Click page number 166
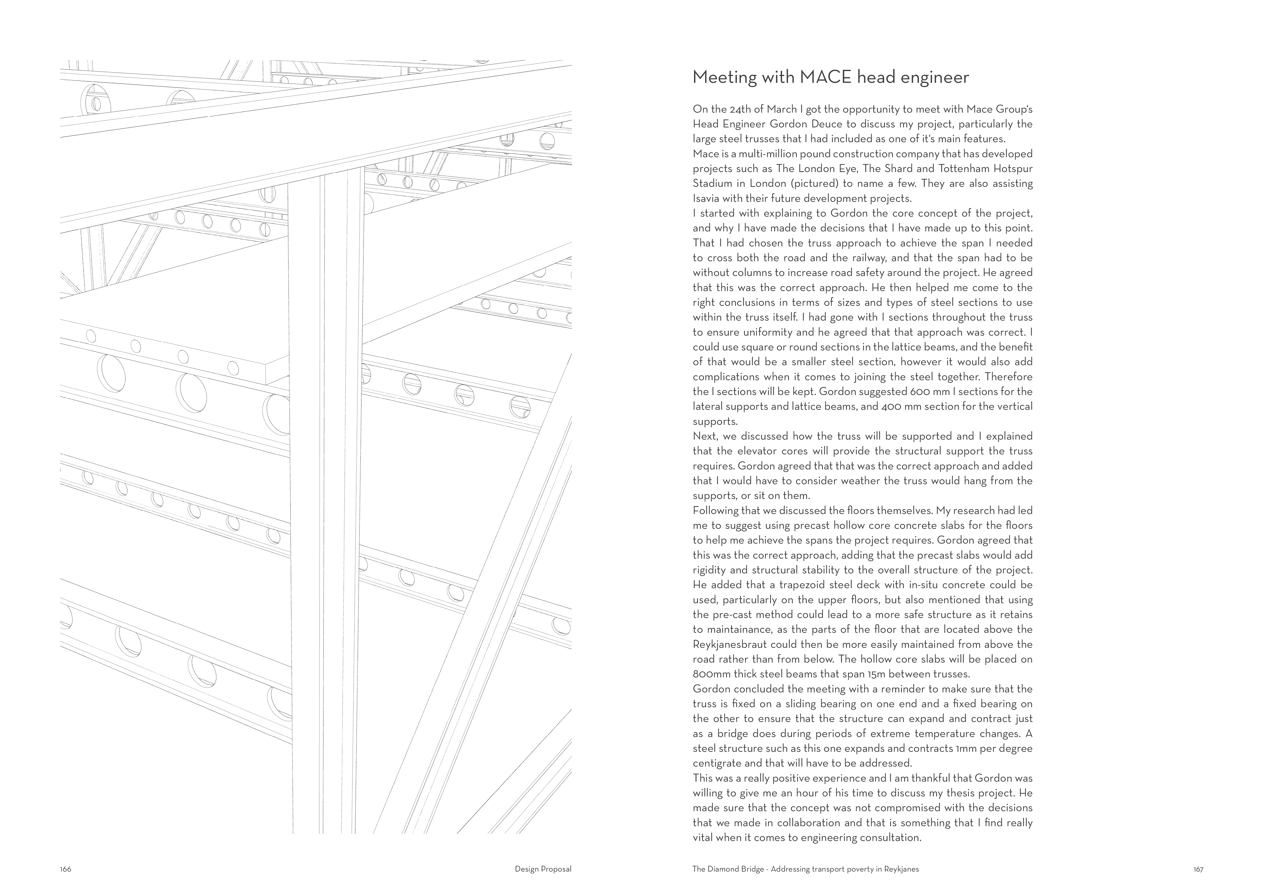tap(65, 869)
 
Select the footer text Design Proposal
tap(543, 869)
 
